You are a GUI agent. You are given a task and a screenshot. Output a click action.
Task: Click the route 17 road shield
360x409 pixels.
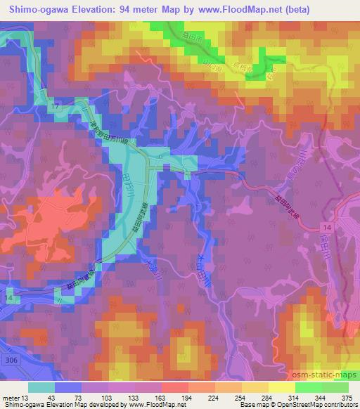pyautogui.click(x=54, y=105)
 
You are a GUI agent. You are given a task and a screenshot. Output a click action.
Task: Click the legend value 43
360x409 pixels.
pyautogui.click(x=51, y=398)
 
